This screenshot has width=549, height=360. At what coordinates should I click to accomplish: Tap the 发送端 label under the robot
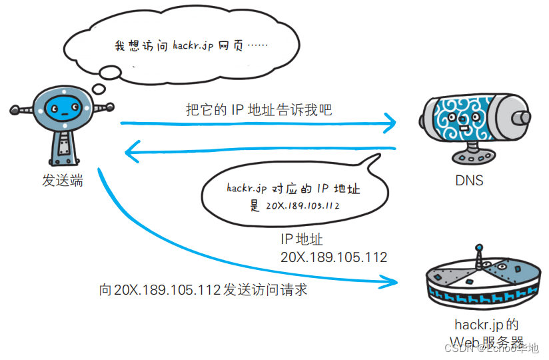click(63, 180)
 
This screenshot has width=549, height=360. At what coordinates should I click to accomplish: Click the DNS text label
click(469, 180)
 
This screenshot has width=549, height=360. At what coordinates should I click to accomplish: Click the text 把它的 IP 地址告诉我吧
click(259, 110)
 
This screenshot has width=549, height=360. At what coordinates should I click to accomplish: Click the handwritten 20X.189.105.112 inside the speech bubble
click(302, 205)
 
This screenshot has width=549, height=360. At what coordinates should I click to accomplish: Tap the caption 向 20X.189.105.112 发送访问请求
click(203, 291)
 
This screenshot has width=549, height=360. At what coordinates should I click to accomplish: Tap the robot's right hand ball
click(110, 106)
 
